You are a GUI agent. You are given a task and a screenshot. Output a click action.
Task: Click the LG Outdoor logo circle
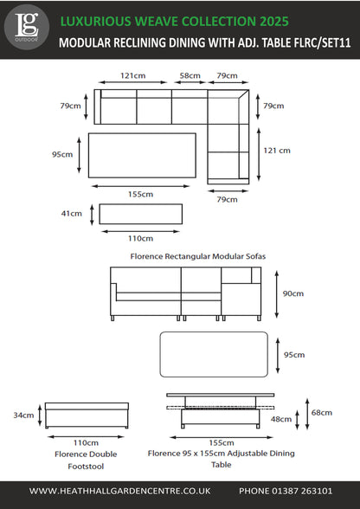pyautogui.click(x=26, y=28)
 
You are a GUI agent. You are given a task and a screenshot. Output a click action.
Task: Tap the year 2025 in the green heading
pyautogui.click(x=274, y=22)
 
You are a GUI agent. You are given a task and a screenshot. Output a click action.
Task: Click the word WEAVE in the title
pyautogui.click(x=157, y=22)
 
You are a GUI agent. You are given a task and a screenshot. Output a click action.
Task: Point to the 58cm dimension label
pyautogui.click(x=190, y=75)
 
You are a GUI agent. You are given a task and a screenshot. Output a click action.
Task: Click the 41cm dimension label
pyautogui.click(x=72, y=214)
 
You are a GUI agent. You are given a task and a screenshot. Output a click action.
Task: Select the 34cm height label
pyautogui.click(x=23, y=415)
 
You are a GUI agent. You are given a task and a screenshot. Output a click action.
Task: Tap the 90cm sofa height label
pyautogui.click(x=293, y=293)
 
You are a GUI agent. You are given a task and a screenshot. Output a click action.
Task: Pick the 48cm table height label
pyautogui.click(x=281, y=419)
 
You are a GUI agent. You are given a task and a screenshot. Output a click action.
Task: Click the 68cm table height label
pyautogui.click(x=322, y=413)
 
